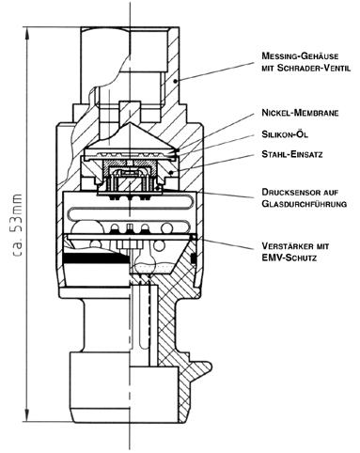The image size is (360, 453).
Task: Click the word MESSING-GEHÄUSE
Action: [300, 55]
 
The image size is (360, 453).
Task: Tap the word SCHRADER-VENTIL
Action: [314, 68]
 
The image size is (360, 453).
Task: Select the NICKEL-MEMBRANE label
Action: [300, 113]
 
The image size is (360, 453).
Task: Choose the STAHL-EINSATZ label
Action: [292, 154]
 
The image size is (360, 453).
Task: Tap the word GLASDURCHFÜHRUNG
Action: [305, 204]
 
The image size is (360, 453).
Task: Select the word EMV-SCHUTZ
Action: [289, 258]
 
